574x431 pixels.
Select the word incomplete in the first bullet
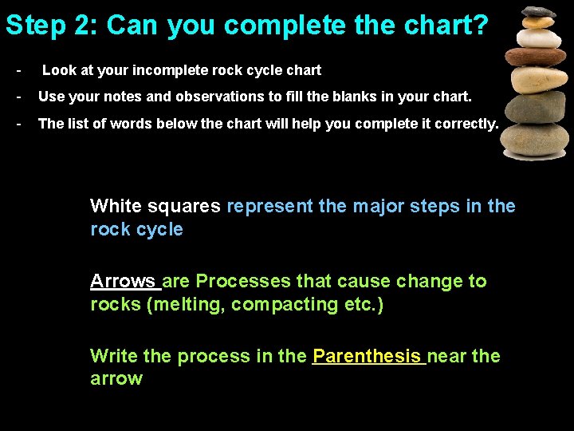click(163, 70)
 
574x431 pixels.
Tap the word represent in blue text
click(269, 206)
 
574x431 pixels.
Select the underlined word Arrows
click(123, 281)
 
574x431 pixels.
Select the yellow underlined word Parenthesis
click(367, 356)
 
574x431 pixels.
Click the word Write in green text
click(114, 356)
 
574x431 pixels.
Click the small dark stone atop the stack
click(539, 12)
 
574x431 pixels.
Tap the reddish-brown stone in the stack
click(536, 57)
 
